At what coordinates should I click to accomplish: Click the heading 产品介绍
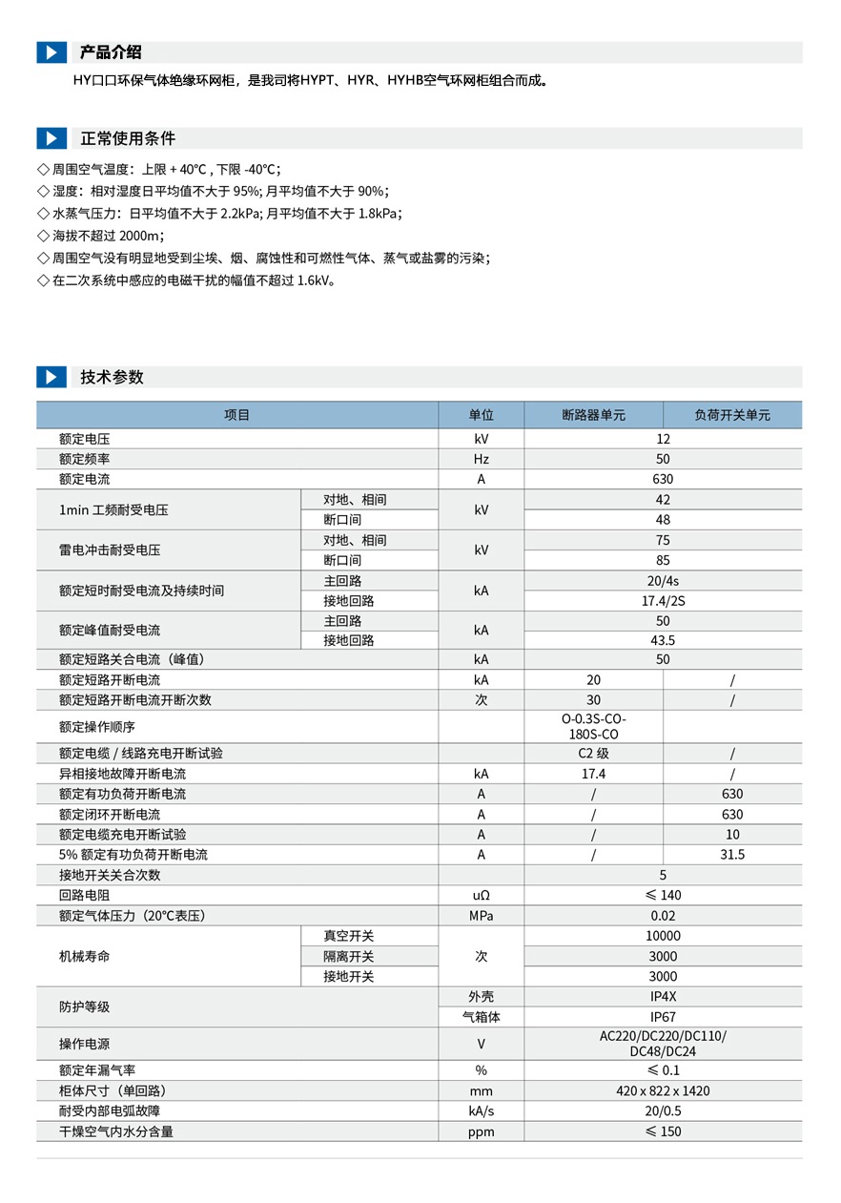111,52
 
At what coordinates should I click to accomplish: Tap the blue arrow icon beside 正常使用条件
51,138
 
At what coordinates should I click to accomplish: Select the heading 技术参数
112,377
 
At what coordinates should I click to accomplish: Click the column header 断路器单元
593,415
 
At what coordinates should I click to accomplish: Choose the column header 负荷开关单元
731,415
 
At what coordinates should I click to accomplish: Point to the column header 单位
481,415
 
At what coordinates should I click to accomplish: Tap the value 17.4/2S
663,601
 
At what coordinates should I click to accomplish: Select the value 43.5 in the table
663,641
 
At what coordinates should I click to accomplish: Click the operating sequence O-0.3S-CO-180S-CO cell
593,727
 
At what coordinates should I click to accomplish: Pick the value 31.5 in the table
731,855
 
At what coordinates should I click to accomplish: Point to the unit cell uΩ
481,896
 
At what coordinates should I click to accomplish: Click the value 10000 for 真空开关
663,937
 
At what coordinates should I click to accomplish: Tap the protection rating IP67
663,1017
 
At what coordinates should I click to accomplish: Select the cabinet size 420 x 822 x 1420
663,1091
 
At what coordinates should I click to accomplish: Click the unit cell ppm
481,1132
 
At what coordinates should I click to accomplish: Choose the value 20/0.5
663,1111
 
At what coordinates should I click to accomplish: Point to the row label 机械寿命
84,956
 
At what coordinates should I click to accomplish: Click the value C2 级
593,754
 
